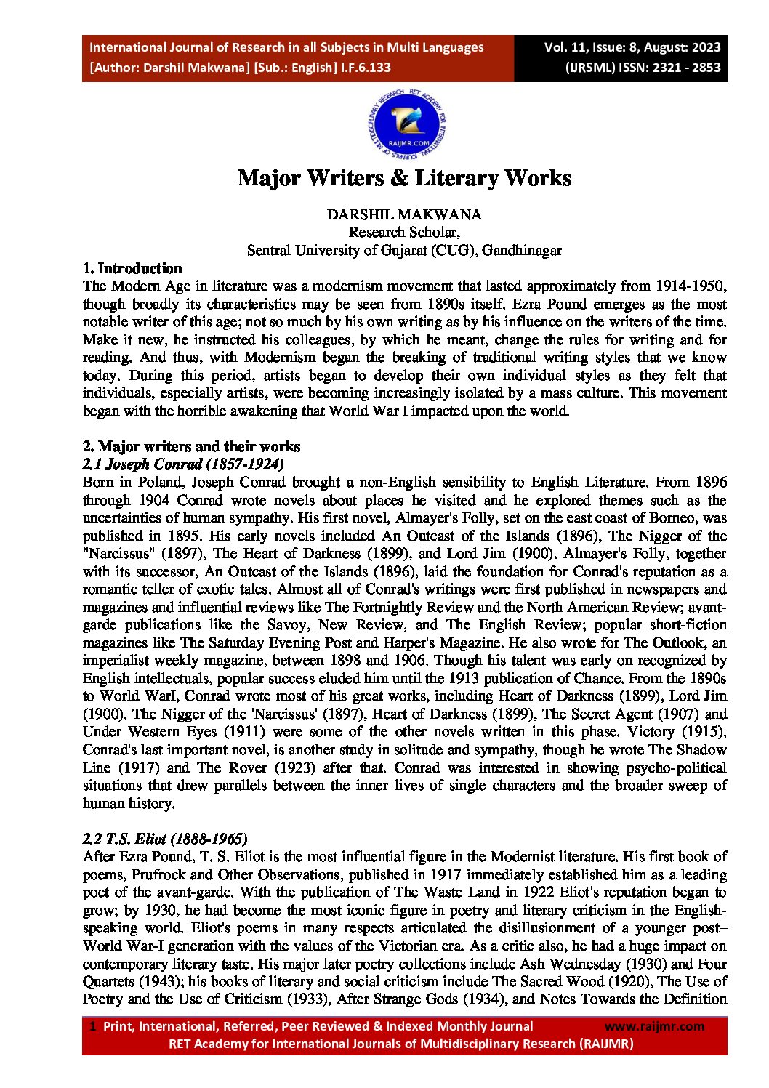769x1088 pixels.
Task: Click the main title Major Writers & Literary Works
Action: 404,178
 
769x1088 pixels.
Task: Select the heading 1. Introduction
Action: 132,268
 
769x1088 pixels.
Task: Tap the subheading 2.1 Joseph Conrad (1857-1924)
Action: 183,464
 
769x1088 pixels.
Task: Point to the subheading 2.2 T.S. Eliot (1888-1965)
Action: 165,838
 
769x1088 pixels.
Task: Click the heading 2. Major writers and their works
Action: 191,446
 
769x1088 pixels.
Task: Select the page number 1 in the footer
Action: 93,1026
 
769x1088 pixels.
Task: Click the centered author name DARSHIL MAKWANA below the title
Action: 404,214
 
